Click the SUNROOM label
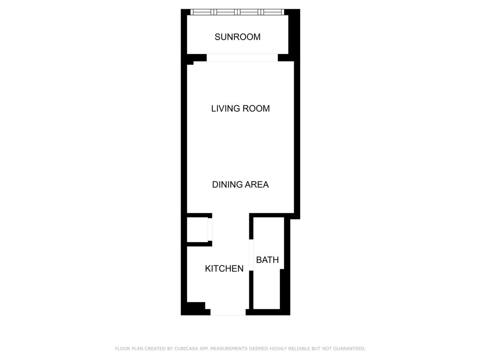coord(238,37)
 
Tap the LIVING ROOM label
coord(240,108)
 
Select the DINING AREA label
coord(240,185)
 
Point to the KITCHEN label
coord(224,268)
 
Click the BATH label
coord(267,260)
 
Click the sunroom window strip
coord(237,12)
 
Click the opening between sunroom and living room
coord(242,58)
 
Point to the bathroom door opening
coord(251,255)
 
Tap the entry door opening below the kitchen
coord(228,312)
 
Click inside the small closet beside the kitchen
coord(197,230)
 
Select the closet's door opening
coord(210,229)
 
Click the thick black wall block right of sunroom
coord(294,35)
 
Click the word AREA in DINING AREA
coord(257,185)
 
